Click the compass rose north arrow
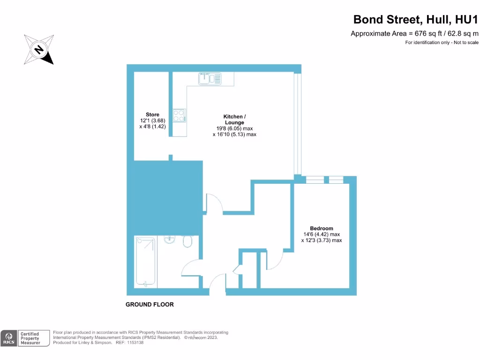point(39,49)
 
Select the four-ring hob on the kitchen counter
point(179,115)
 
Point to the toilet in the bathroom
point(187,241)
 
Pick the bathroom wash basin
point(169,240)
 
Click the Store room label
point(152,114)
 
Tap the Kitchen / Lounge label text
point(233,119)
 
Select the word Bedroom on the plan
point(321,228)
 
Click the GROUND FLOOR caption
point(150,305)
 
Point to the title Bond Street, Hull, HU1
point(416,20)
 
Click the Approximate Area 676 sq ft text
point(414,33)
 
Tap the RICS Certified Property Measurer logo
point(26,338)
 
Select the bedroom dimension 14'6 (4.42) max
point(321,234)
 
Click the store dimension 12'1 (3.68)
point(152,120)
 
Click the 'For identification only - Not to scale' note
point(442,43)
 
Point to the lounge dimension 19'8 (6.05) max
point(234,128)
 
